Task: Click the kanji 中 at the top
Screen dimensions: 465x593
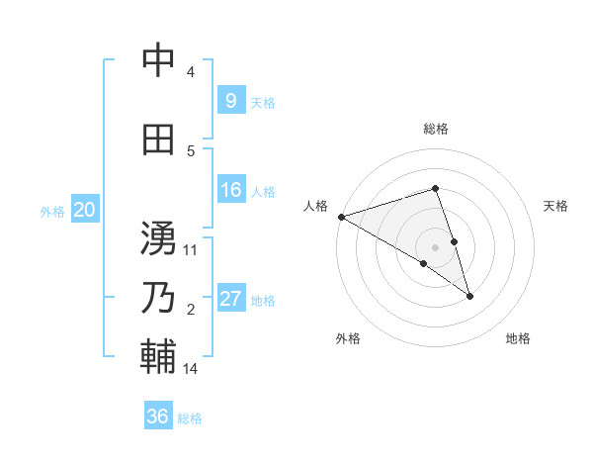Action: pyautogui.click(x=158, y=60)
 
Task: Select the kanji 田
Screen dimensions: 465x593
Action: pyautogui.click(x=158, y=139)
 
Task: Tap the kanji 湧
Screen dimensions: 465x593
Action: pyautogui.click(x=158, y=238)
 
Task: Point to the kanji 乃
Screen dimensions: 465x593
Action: pyautogui.click(x=158, y=298)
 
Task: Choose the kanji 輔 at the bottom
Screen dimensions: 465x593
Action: pyautogui.click(x=158, y=357)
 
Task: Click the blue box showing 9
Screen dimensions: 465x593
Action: pyautogui.click(x=229, y=100)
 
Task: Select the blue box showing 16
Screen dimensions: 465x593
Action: pyautogui.click(x=231, y=190)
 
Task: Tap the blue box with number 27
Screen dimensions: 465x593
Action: pyautogui.click(x=231, y=299)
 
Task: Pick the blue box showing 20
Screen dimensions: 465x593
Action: pyautogui.click(x=85, y=210)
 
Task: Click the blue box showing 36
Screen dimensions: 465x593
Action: pyautogui.click(x=158, y=417)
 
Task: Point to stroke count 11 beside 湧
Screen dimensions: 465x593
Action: pyautogui.click(x=191, y=250)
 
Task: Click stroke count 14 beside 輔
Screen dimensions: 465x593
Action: pyautogui.click(x=191, y=369)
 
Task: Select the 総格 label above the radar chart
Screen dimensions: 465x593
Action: pyautogui.click(x=436, y=129)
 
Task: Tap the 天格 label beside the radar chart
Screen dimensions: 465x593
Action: pyautogui.click(x=556, y=206)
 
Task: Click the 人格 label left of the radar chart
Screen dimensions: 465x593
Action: pyautogui.click(x=315, y=206)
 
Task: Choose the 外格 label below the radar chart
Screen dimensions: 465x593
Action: pyautogui.click(x=348, y=338)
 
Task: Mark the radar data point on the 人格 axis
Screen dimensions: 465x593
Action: pyautogui.click(x=341, y=217)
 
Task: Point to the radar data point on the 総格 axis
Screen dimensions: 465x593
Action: pyautogui.click(x=436, y=188)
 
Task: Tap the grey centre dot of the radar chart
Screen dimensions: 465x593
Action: pyautogui.click(x=436, y=246)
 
